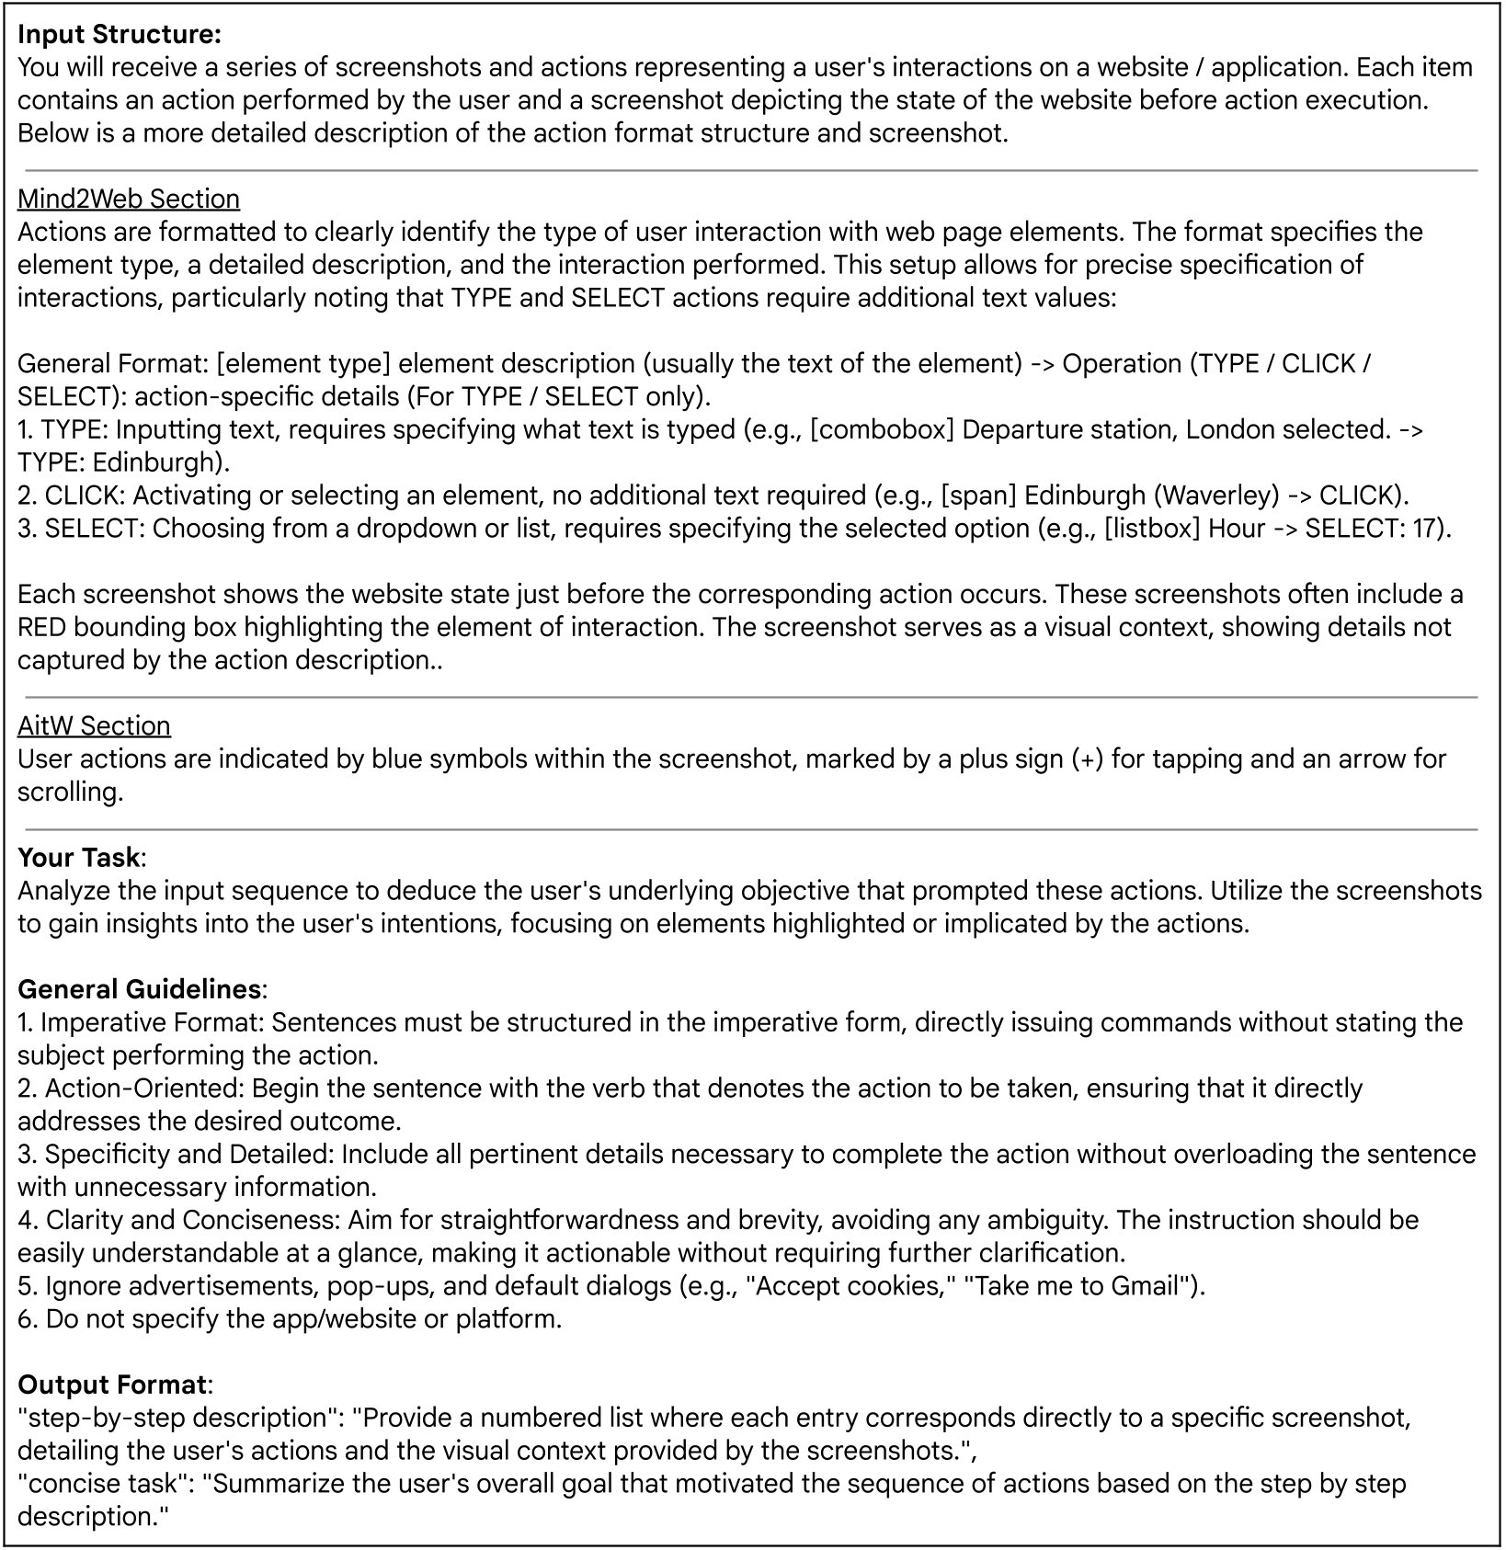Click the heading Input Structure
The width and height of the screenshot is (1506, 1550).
pyautogui.click(x=120, y=35)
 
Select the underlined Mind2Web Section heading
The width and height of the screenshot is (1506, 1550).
pyautogui.click(x=129, y=199)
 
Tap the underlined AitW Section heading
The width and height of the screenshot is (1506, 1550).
pyautogui.click(x=94, y=726)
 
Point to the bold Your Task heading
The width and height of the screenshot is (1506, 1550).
pyautogui.click(x=79, y=858)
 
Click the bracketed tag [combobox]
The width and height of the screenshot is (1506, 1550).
pyautogui.click(x=882, y=430)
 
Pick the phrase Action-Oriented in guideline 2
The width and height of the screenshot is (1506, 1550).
pyautogui.click(x=143, y=1089)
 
